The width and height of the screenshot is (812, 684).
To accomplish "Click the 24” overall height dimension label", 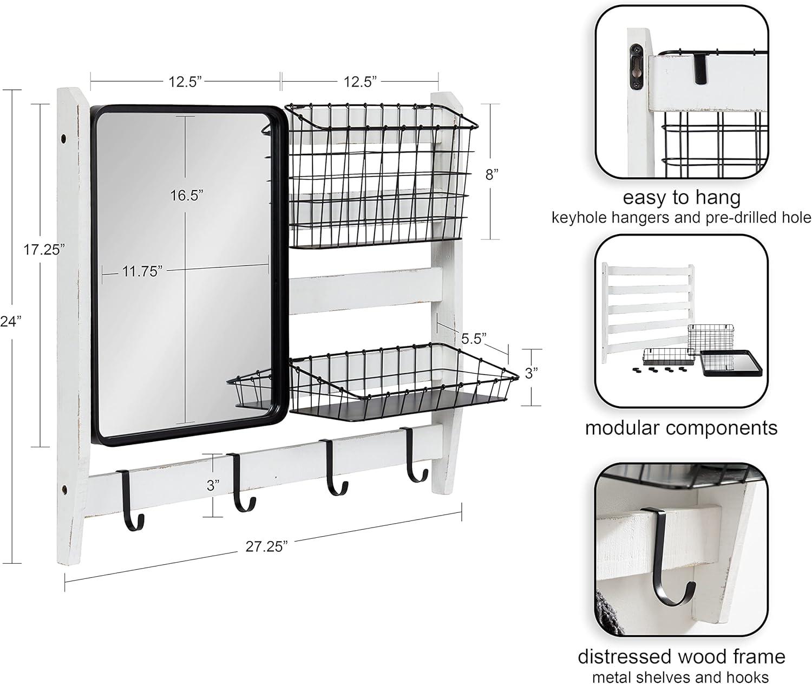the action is [x=10, y=321].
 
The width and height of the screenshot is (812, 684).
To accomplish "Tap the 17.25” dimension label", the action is [x=44, y=250].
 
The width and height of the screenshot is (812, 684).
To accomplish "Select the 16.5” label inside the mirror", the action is [x=187, y=195].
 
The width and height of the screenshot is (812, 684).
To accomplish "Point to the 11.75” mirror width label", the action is [x=142, y=271].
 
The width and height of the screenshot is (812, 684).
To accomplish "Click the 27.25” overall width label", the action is [x=266, y=546].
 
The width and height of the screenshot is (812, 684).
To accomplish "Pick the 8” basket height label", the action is [x=492, y=175].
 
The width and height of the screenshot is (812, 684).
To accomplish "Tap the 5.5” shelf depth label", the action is [x=474, y=338].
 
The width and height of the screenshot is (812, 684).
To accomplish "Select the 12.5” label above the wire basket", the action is [x=360, y=82].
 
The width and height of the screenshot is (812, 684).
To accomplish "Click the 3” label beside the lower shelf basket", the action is [x=532, y=373].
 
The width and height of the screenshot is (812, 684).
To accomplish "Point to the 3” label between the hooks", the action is [x=213, y=486].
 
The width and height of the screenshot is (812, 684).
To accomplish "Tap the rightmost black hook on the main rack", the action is [x=415, y=455].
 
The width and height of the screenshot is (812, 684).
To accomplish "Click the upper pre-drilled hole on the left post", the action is [x=63, y=138].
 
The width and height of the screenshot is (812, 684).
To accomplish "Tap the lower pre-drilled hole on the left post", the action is [x=63, y=488].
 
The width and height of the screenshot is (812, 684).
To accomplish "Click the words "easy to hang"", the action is [x=682, y=198].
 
